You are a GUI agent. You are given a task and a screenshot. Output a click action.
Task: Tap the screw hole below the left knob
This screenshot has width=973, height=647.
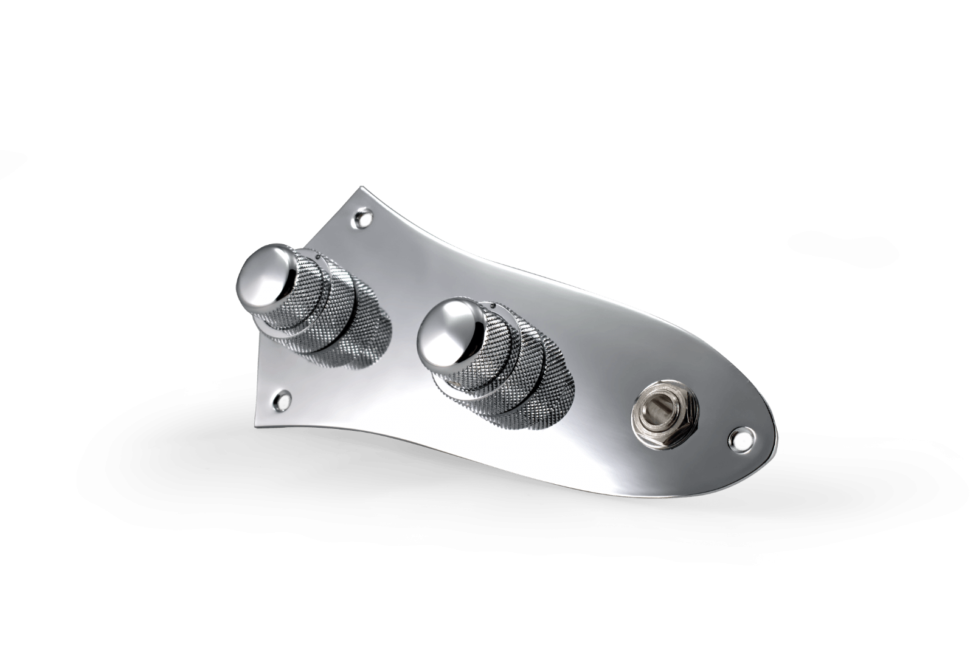pos(283,399)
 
